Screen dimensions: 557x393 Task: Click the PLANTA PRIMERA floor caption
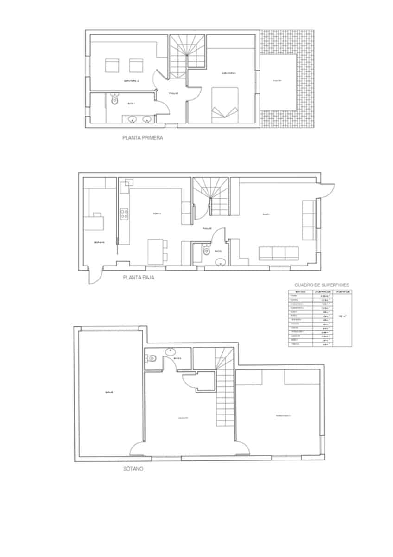pos(142,138)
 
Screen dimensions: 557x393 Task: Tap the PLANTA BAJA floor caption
pos(138,278)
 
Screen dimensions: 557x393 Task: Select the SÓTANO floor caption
pos(133,469)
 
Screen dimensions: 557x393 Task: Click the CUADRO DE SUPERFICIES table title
pos(322,285)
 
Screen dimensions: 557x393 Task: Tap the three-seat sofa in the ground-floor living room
pos(278,253)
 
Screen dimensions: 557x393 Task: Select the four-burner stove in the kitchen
pos(124,214)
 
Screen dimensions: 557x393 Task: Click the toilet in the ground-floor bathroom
pos(206,251)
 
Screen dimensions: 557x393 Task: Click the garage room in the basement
pos(109,393)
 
